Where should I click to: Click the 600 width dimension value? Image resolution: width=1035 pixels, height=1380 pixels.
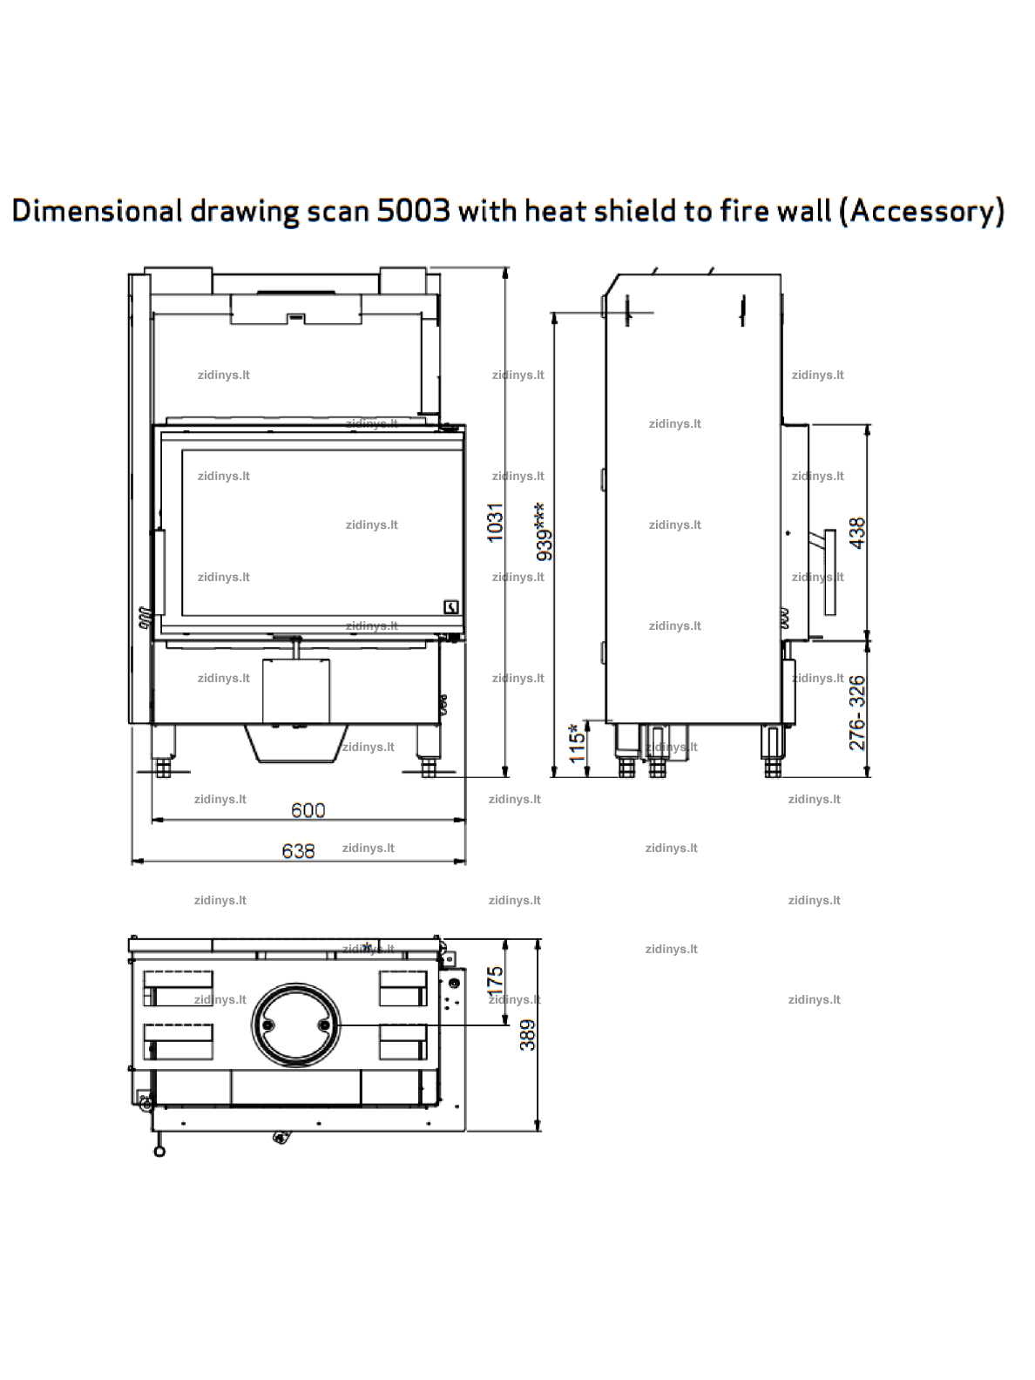tap(308, 810)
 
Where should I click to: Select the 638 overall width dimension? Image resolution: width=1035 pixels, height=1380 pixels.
tap(298, 850)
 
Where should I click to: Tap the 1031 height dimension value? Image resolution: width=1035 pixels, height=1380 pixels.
tap(495, 522)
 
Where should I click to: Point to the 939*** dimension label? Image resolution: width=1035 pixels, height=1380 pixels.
tap(544, 531)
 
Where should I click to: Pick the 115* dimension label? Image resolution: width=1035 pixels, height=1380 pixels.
tap(577, 744)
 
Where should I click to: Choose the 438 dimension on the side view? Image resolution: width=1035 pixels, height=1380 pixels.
tap(857, 533)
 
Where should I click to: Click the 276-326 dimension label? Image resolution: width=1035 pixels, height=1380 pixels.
tap(857, 713)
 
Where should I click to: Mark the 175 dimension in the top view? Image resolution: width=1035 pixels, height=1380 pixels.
tap(495, 981)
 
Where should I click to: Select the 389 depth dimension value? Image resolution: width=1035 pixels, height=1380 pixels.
tap(527, 1035)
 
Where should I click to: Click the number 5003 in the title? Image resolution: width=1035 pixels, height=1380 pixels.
tap(414, 211)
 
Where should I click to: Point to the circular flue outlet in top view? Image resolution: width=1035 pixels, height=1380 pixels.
tap(296, 1025)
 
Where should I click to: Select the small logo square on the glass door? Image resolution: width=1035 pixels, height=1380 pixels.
tap(450, 606)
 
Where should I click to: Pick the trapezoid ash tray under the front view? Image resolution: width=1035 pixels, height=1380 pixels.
tap(296, 743)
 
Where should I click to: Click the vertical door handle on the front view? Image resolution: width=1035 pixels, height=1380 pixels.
tap(159, 572)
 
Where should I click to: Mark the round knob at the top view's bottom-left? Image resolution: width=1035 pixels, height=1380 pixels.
tap(159, 1151)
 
